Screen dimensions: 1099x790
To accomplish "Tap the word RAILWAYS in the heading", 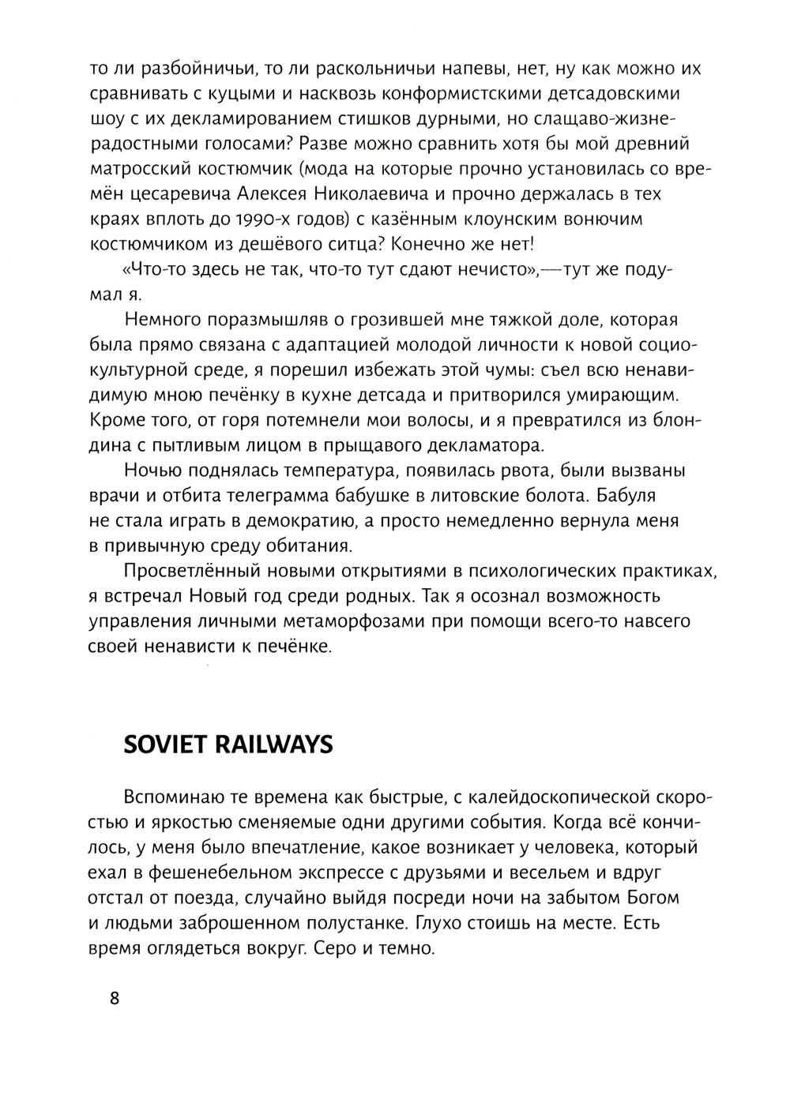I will click(x=274, y=745).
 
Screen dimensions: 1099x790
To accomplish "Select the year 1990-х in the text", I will click(x=225, y=219).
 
